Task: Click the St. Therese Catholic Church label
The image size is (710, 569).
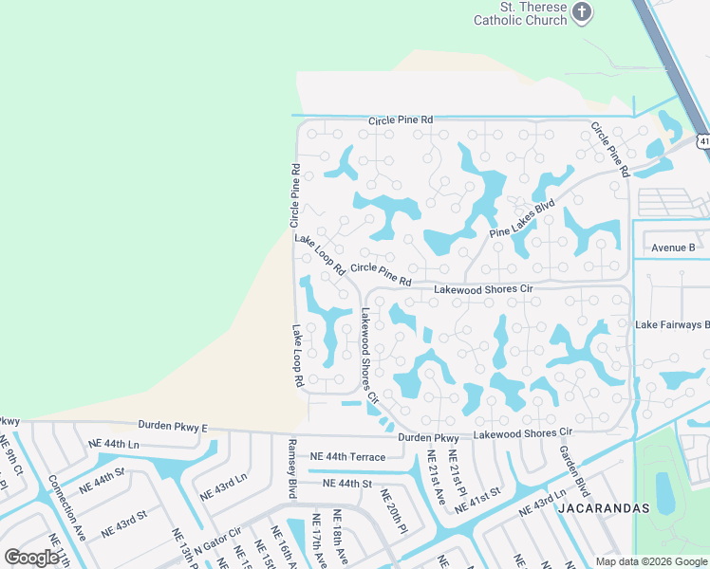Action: (x=520, y=13)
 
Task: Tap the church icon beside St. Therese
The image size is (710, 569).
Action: (x=583, y=13)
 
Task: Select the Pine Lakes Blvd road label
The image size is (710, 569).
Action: (x=522, y=219)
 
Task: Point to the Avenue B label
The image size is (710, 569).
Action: (x=673, y=248)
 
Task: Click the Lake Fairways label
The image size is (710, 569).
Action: (x=672, y=324)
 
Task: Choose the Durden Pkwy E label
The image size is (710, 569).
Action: (x=172, y=427)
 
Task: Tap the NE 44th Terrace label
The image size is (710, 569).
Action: (x=348, y=457)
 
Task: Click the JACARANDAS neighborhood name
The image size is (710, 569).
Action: (x=603, y=508)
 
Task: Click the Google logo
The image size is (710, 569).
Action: (x=31, y=558)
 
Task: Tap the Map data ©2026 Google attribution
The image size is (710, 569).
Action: (x=650, y=561)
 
